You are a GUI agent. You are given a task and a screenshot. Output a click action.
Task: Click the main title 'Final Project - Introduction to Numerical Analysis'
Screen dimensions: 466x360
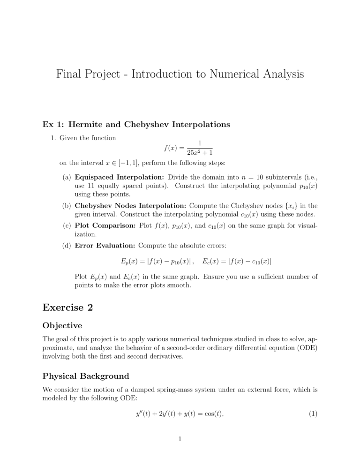pyautogui.click(x=180, y=74)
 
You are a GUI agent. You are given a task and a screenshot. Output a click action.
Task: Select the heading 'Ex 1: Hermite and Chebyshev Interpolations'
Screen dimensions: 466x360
pyautogui.click(x=136, y=125)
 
